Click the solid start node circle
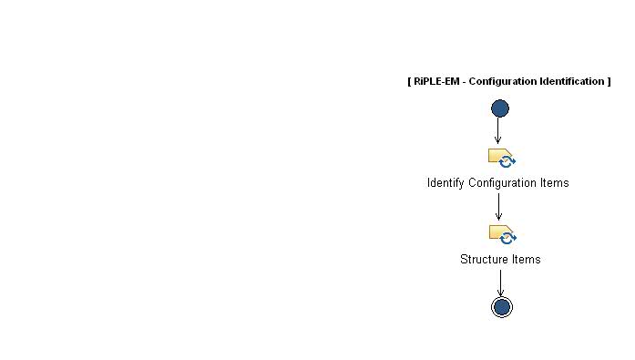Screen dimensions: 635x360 click(499, 108)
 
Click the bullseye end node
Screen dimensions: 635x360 click(501, 307)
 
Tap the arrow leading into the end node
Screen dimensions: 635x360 click(500, 283)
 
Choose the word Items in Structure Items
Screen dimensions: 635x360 click(527, 260)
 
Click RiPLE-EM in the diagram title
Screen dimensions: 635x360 click(437, 82)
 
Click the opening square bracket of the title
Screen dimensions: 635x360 click(409, 82)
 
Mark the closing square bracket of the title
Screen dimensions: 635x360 click(609, 82)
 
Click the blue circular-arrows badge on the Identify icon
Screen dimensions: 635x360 click(507, 161)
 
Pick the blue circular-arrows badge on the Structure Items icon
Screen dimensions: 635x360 click(507, 238)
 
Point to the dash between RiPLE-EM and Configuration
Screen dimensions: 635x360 click(464, 82)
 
